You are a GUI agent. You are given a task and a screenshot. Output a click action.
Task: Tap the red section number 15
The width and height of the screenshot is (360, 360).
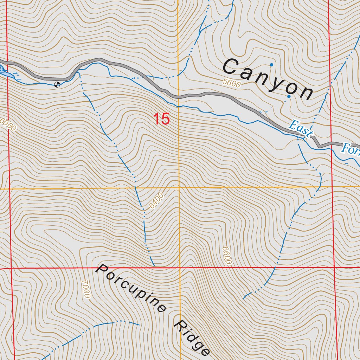[x=161, y=119]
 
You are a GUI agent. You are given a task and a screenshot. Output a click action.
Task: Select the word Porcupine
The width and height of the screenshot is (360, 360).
[x=131, y=288]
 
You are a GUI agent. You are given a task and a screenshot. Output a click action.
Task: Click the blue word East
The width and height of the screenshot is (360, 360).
[x=300, y=129]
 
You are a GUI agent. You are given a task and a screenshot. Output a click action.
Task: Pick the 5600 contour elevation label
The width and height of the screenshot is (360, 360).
[x=232, y=84]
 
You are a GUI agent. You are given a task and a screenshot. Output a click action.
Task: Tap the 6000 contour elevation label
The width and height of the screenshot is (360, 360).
[x=8, y=125]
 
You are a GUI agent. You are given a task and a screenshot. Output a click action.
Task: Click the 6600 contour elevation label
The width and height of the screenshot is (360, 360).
[x=227, y=256]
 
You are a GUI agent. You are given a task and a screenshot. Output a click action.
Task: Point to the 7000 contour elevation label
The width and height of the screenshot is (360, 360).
[x=86, y=289]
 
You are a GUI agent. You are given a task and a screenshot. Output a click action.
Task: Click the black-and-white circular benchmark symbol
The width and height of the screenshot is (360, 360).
[x=57, y=84]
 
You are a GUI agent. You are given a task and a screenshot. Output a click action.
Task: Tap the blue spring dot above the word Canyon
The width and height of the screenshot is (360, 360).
[x=271, y=65]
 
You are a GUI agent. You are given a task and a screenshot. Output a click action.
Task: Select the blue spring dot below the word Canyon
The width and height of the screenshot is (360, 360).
[x=289, y=96]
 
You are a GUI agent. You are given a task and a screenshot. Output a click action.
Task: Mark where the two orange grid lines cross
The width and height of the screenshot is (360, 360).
[x=179, y=188]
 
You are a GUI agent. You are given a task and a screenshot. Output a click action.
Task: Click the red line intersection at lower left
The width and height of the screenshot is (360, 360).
[x=11, y=269]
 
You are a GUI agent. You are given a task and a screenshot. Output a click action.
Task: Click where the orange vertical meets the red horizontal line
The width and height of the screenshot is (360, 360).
[x=180, y=268]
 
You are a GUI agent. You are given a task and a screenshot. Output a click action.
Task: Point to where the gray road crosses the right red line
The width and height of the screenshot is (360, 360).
[x=331, y=143]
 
